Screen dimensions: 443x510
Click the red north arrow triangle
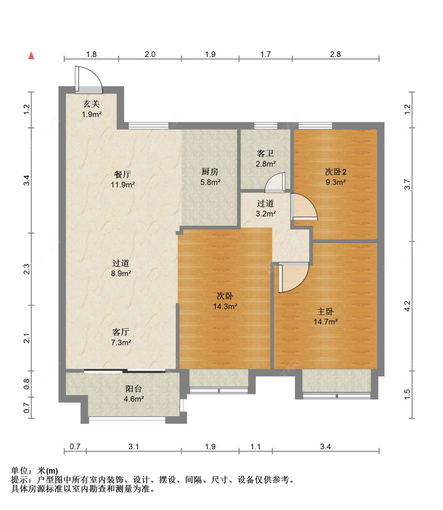pyautogui.click(x=31, y=55)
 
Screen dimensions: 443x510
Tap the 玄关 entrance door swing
pyautogui.click(x=88, y=80)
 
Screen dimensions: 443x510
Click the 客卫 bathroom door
pyautogui.click(x=275, y=182)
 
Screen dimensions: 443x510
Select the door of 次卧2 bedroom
pyautogui.click(x=304, y=207)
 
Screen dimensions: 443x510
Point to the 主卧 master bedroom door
pyautogui.click(x=294, y=277)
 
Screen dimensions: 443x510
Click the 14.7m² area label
pyautogui.click(x=326, y=322)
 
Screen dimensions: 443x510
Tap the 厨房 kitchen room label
pyautogui.click(x=210, y=172)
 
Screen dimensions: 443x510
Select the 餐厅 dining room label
pyautogui.click(x=122, y=174)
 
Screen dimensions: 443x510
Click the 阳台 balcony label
pyautogui.click(x=133, y=389)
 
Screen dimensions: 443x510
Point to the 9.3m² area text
pyautogui.click(x=335, y=182)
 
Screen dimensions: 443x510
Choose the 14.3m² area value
pyautogui.click(x=225, y=306)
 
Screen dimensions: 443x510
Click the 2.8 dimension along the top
pyautogui.click(x=335, y=54)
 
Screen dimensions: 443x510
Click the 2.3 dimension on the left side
pyautogui.click(x=27, y=269)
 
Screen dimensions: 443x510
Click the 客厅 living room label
pyautogui.click(x=120, y=332)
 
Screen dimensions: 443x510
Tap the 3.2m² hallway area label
pyautogui.click(x=266, y=214)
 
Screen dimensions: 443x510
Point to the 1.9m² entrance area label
pyautogui.click(x=92, y=114)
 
